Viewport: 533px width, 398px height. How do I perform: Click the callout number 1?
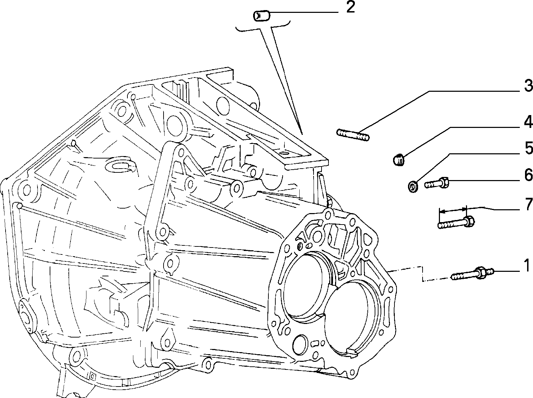pos(526,266)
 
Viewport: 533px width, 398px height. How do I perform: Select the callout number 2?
pos(351,7)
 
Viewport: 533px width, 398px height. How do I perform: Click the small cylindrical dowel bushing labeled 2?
pos(261,16)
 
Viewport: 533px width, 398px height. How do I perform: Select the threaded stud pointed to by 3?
pos(353,135)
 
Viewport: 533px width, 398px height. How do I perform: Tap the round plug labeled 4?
pos(399,160)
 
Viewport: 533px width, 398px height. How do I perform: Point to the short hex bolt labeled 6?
pos(436,183)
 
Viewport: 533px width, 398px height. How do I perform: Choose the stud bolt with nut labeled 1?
pos(472,274)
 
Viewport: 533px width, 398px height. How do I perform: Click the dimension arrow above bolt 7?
pos(453,210)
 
